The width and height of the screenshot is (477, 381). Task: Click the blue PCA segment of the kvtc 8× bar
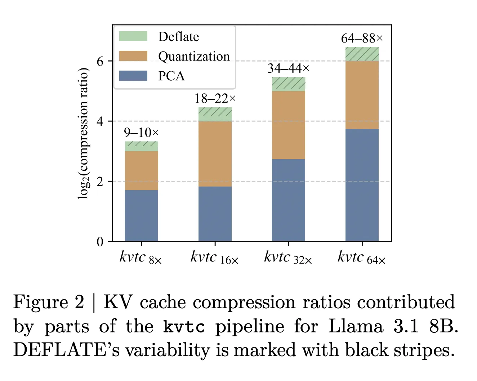(x=141, y=215)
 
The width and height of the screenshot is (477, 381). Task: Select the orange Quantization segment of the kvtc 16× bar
(x=215, y=154)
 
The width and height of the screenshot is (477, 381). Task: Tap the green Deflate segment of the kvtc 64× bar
(x=362, y=54)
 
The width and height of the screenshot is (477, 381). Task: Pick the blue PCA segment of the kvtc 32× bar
(x=288, y=200)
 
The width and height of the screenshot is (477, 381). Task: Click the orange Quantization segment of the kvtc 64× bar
(x=362, y=95)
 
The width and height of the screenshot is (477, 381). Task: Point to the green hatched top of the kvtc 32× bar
(x=288, y=84)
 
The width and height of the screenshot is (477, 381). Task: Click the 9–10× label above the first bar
(x=141, y=133)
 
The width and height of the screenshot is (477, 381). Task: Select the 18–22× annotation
(x=215, y=98)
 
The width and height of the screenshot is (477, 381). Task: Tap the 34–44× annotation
(x=288, y=68)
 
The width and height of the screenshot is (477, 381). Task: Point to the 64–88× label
(x=362, y=38)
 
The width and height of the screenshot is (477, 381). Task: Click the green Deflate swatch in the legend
(x=133, y=36)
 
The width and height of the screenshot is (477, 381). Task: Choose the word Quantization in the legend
(x=194, y=57)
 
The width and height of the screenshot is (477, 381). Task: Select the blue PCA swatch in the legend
(x=133, y=76)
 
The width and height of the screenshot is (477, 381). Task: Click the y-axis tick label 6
(x=100, y=61)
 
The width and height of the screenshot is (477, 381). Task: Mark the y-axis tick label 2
(x=100, y=181)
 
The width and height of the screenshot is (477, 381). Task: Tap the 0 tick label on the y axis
(x=100, y=242)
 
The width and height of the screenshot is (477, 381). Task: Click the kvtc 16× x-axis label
(x=214, y=258)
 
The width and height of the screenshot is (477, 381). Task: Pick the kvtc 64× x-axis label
(x=361, y=258)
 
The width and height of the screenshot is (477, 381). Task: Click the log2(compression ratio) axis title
(x=83, y=133)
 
